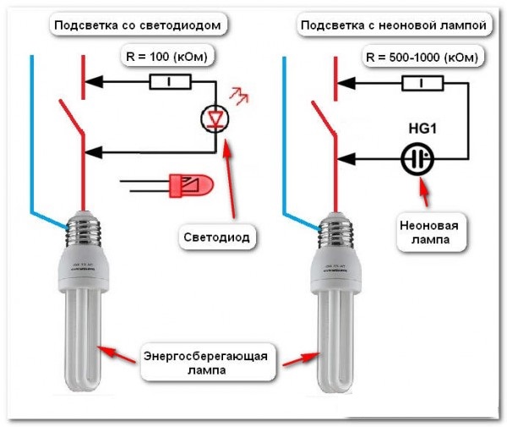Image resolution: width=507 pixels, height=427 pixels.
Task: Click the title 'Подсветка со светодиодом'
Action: [139, 25]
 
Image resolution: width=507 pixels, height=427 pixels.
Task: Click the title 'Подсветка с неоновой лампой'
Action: [393, 25]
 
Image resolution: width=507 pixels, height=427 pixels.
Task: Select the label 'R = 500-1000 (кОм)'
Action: [423, 57]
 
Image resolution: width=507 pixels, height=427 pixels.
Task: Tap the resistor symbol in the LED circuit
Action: [170, 82]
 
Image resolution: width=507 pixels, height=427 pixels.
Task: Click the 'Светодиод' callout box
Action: [216, 238]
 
